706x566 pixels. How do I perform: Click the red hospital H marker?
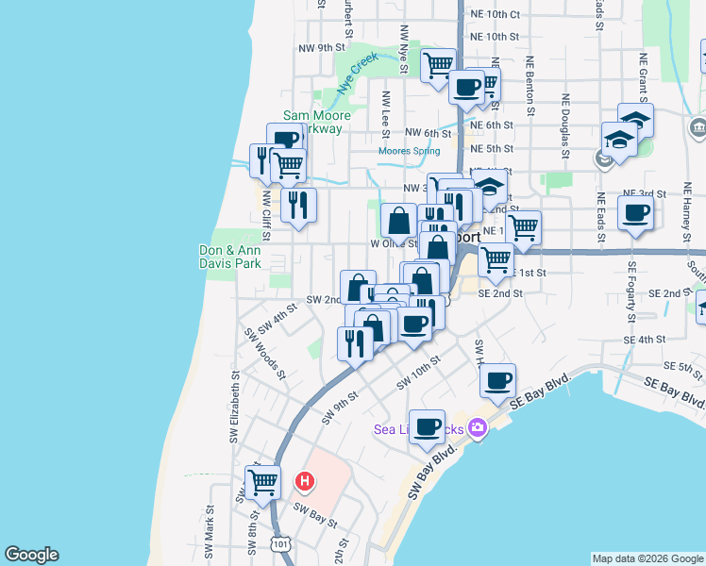click(305, 482)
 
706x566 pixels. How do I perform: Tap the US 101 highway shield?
click(280, 544)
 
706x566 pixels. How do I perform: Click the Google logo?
click(31, 555)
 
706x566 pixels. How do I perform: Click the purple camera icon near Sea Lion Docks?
click(478, 428)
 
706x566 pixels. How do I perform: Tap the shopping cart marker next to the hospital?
click(263, 482)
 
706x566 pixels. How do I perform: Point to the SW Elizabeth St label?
click(232, 406)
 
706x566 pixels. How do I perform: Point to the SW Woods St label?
click(265, 354)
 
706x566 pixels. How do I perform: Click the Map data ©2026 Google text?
click(647, 558)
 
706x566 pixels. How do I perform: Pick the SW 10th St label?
click(419, 372)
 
